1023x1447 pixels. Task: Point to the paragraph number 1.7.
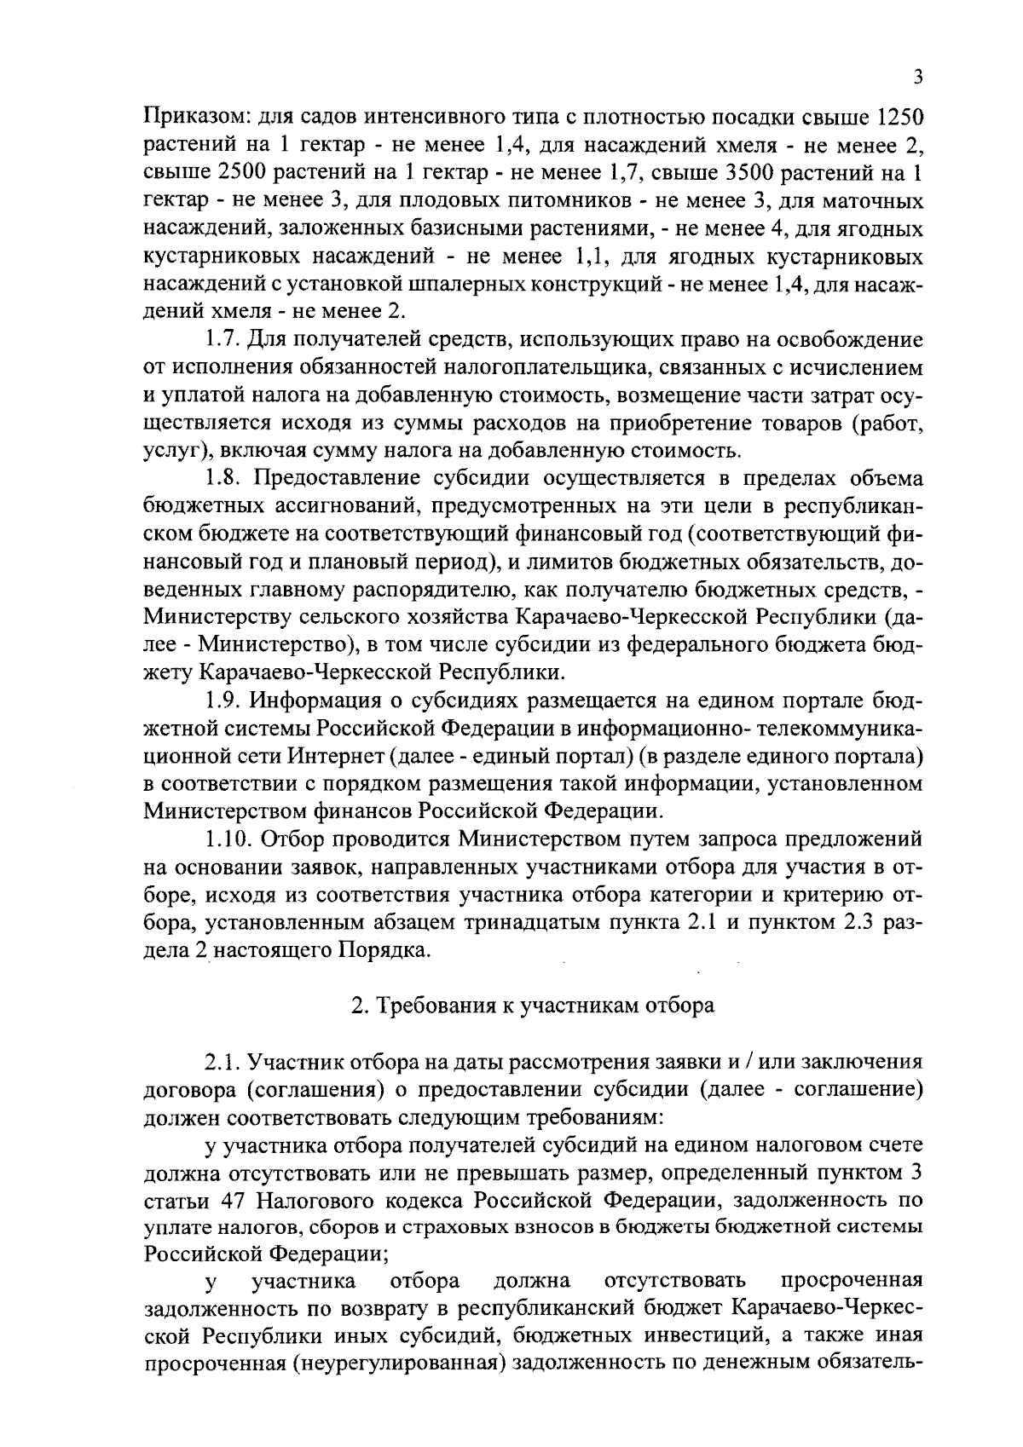pos(223,340)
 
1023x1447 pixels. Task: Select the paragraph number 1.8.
pos(223,478)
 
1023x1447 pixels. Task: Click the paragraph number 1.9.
pos(223,700)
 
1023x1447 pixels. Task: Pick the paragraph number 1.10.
pos(228,839)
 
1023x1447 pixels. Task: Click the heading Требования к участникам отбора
pos(534,1006)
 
